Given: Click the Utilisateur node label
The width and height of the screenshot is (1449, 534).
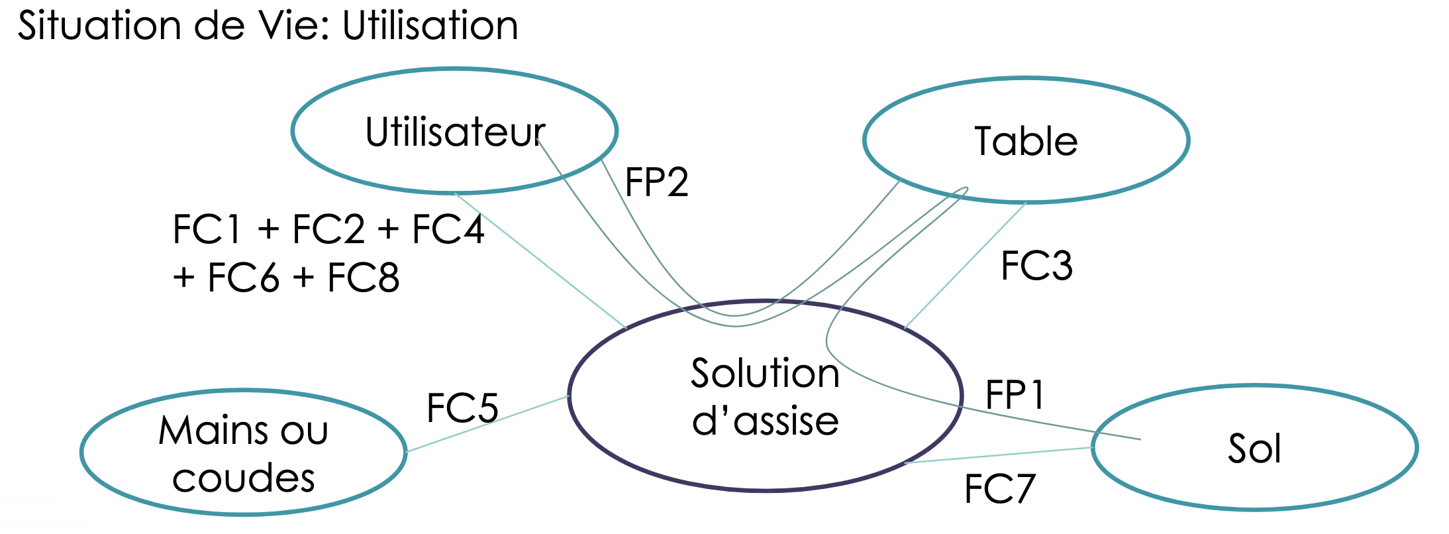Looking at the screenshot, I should coord(455,132).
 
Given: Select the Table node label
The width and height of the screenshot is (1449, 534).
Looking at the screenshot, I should coord(1026,141).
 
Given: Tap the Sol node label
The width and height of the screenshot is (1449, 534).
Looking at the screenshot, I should coord(1254,449).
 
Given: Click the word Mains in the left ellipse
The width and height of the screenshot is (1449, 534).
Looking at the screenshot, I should coord(214,431).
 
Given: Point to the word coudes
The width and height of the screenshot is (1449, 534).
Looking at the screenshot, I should coord(243,478).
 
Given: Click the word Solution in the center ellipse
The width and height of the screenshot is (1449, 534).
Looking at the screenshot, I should coord(765,373).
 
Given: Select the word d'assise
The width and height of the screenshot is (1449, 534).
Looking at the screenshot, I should coord(765,421).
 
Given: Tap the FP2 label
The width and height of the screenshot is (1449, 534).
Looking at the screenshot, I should coord(656,182).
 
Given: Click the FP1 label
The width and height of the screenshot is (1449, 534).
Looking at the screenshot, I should coord(1015,396).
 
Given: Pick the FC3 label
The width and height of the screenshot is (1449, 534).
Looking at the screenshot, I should coord(1036,266).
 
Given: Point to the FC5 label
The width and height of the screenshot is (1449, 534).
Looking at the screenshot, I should coord(462,407).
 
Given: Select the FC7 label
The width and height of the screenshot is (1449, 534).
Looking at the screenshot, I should coord(999,490).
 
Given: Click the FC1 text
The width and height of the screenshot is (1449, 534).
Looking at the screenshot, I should coord(207,230).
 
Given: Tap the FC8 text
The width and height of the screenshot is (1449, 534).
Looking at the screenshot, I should coord(363,278).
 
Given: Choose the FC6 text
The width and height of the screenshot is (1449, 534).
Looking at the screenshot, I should coord(243,278).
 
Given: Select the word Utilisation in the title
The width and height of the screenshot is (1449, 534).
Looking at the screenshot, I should coord(430,27).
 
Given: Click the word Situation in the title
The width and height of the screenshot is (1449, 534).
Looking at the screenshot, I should coord(99,27).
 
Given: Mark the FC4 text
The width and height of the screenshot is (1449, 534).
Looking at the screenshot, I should coord(448,230).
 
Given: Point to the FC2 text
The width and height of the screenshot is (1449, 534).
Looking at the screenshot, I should coord(328,230).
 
